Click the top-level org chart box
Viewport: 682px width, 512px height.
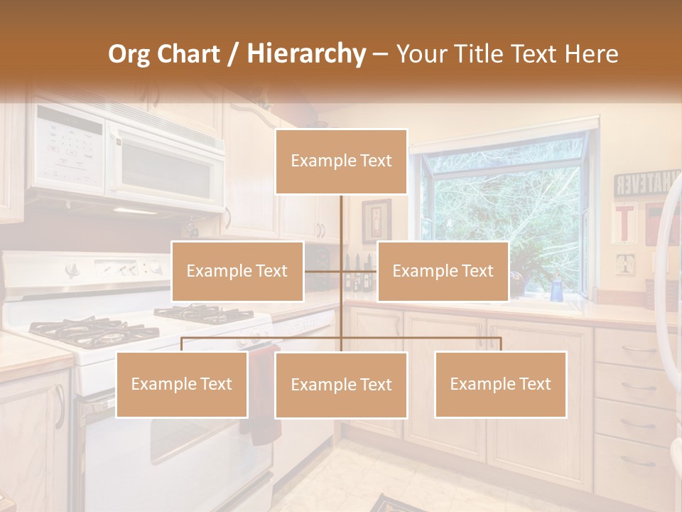pos(341,161)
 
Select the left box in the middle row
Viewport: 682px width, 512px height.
pos(237,271)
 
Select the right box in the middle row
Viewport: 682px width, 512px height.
pos(443,271)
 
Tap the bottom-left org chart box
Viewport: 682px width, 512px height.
pos(182,385)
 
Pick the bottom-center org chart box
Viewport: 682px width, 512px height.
pos(341,385)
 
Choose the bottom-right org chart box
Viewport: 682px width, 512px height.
pos(500,385)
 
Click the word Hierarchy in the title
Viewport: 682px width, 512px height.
pos(306,54)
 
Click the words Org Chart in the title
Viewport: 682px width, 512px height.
pos(163,54)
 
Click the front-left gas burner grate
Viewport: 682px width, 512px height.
pos(78,331)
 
